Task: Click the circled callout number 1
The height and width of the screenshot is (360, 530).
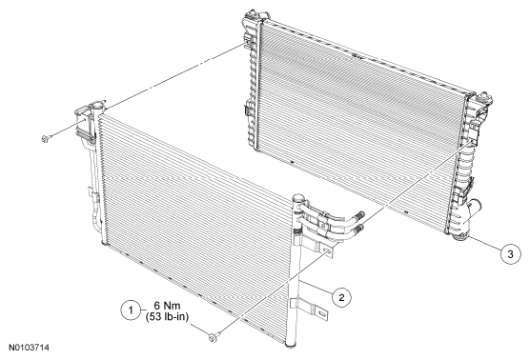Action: (131, 310)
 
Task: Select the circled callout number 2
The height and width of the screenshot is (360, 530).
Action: (341, 297)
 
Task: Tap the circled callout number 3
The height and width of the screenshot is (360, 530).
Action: (510, 254)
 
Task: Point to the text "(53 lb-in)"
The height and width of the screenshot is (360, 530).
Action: (167, 317)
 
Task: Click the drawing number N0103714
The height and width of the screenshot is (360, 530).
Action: (29, 348)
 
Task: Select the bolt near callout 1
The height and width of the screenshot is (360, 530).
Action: (214, 337)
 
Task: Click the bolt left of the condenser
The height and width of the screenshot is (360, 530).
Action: (47, 138)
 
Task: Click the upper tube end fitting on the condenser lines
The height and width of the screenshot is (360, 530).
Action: (360, 215)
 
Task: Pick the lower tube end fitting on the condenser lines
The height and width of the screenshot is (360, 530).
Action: (358, 228)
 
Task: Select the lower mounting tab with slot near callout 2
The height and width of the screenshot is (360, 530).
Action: (319, 312)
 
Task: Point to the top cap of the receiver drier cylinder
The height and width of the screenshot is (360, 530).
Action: (298, 197)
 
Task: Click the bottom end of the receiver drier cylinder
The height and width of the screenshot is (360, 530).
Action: (291, 345)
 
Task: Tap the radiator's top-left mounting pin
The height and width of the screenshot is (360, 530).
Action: (250, 15)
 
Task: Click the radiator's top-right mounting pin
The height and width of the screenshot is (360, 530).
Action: (486, 97)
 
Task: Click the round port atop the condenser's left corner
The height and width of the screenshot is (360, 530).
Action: (97, 105)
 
